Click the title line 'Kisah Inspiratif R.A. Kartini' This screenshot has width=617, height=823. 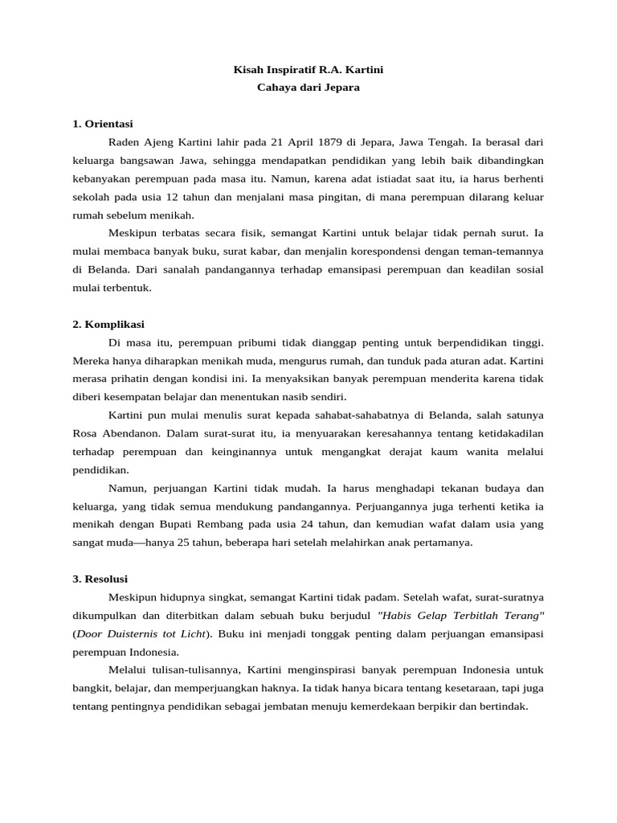308,71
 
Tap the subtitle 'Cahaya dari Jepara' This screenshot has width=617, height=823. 308,88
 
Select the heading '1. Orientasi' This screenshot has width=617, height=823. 102,125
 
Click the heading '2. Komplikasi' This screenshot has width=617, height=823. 108,325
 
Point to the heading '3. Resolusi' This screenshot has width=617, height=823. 100,579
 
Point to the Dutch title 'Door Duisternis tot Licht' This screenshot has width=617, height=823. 141,633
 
